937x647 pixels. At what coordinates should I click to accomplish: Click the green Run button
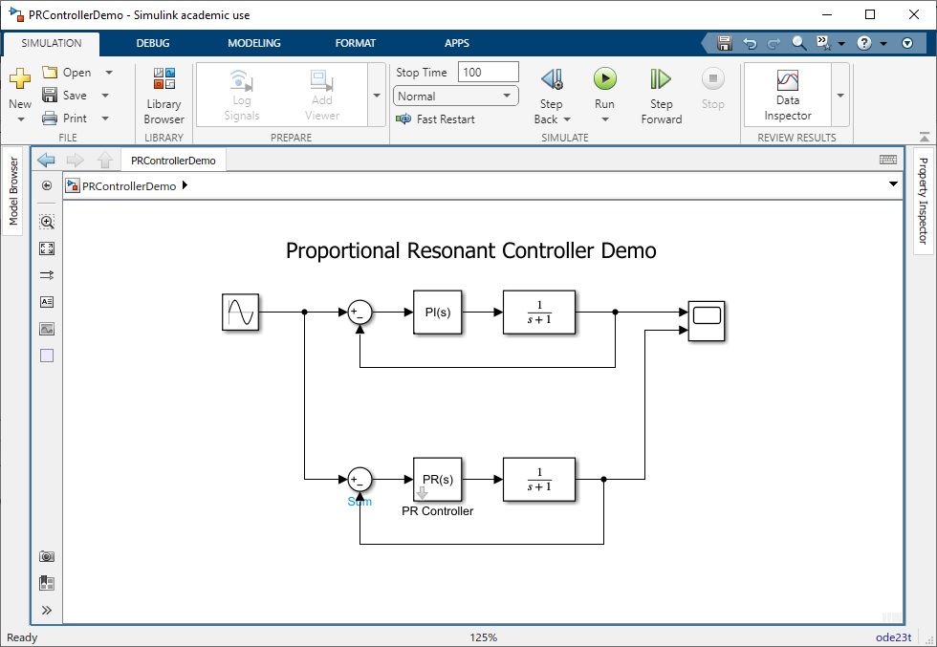(604, 79)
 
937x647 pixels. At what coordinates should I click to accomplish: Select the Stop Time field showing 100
(489, 73)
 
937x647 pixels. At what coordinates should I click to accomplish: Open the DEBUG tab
(153, 43)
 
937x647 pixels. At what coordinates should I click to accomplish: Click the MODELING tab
(254, 43)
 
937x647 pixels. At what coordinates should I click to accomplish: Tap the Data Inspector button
(788, 95)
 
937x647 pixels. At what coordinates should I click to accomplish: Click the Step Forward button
(661, 95)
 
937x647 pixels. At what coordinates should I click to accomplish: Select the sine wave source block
(240, 312)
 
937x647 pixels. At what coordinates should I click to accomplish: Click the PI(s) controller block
(438, 312)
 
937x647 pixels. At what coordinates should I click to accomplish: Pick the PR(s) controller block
(438, 479)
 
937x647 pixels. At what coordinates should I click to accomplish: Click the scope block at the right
(707, 321)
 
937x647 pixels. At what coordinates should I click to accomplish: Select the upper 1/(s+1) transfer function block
(539, 312)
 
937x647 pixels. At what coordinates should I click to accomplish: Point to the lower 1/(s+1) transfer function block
(539, 479)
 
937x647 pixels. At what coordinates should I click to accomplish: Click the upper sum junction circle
(360, 312)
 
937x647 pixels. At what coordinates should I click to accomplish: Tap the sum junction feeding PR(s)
(360, 479)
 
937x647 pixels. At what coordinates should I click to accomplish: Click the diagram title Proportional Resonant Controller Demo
(470, 250)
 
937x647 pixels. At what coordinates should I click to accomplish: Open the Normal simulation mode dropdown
(455, 97)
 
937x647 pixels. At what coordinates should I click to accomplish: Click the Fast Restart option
(436, 119)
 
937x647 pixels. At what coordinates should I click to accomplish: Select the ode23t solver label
(894, 637)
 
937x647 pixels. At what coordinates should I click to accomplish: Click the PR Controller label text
(438, 510)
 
